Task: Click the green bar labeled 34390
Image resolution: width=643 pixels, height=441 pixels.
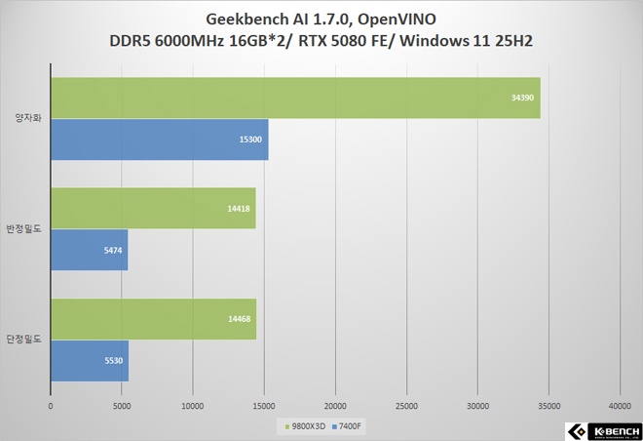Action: tap(292, 98)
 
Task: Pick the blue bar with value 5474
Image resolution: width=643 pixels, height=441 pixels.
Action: tap(89, 250)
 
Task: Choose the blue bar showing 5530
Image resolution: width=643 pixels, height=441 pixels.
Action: tap(89, 361)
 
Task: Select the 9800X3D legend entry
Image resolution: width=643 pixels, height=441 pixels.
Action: tap(307, 425)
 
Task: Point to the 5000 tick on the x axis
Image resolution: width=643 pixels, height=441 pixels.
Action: tap(122, 405)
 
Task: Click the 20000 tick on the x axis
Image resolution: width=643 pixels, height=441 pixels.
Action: tap(335, 405)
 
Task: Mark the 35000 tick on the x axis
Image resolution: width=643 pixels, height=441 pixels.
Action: tap(548, 405)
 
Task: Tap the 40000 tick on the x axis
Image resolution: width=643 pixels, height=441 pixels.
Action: tap(620, 405)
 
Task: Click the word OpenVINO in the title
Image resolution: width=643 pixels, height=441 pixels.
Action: tap(396, 20)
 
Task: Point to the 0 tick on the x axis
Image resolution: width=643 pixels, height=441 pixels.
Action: tap(51, 405)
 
